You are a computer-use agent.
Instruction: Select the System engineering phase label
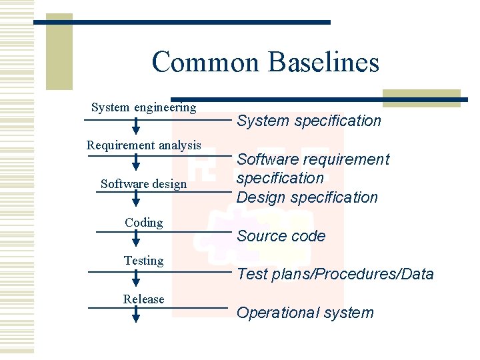pyautogui.click(x=143, y=107)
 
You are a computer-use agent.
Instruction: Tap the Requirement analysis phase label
pyautogui.click(x=143, y=145)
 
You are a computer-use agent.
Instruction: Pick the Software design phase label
pyautogui.click(x=143, y=184)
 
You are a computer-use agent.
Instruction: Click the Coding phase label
pyautogui.click(x=143, y=223)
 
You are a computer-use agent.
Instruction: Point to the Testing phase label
pyautogui.click(x=143, y=261)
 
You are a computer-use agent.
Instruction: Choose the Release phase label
pyautogui.click(x=143, y=299)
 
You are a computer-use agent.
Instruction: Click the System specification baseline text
pyautogui.click(x=309, y=121)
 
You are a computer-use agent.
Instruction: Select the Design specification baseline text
pyautogui.click(x=307, y=197)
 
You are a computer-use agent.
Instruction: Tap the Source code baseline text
pyautogui.click(x=281, y=236)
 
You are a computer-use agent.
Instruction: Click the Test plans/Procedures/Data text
pyautogui.click(x=335, y=274)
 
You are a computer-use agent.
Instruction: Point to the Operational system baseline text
pyautogui.click(x=305, y=313)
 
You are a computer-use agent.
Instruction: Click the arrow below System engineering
pyautogui.click(x=136, y=126)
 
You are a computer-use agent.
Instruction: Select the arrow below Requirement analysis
pyautogui.click(x=136, y=163)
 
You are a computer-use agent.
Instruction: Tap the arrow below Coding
pyautogui.click(x=136, y=239)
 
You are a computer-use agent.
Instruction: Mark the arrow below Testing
pyautogui.click(x=136, y=277)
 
